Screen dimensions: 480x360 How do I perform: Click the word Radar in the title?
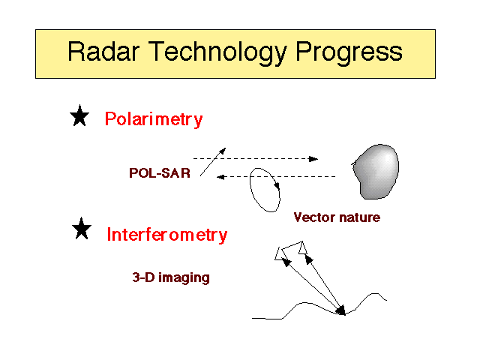103,52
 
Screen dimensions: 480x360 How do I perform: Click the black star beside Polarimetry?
79,115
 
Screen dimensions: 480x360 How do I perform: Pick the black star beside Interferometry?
82,228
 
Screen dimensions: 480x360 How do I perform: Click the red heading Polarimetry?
154,119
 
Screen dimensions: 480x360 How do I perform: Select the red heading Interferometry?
167,235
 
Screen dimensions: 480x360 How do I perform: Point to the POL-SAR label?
160,173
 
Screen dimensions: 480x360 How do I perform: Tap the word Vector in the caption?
314,217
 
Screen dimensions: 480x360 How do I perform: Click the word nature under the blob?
360,217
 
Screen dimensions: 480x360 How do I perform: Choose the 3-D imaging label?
171,277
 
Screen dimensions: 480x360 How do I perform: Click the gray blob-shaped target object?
376,172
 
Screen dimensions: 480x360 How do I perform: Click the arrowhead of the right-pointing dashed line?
313,159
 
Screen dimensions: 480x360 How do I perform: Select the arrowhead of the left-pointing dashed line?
220,177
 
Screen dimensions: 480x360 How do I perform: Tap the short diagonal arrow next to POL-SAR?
213,162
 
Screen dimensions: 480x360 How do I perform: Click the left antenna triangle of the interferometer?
280,254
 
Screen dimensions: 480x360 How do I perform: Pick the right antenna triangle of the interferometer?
302,248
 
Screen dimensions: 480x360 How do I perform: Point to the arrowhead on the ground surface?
341,310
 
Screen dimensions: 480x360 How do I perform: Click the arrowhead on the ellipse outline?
277,185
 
